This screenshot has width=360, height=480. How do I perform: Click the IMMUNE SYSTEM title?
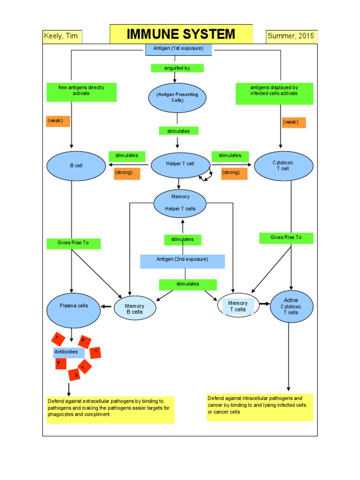181,34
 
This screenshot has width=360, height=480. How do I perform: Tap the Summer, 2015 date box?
291,37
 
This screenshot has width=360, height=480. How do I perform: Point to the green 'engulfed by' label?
177,68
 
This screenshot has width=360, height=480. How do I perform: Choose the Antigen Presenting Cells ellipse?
177,97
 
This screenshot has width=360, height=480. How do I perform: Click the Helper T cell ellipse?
180,164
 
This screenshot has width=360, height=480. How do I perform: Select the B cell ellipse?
76,165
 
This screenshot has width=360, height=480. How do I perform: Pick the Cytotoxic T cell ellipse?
280,165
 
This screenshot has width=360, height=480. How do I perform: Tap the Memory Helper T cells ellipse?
180,203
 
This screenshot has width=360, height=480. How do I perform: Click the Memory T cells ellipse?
238,307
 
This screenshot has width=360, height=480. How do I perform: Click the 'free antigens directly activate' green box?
82,92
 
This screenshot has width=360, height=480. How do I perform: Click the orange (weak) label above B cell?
58,121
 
